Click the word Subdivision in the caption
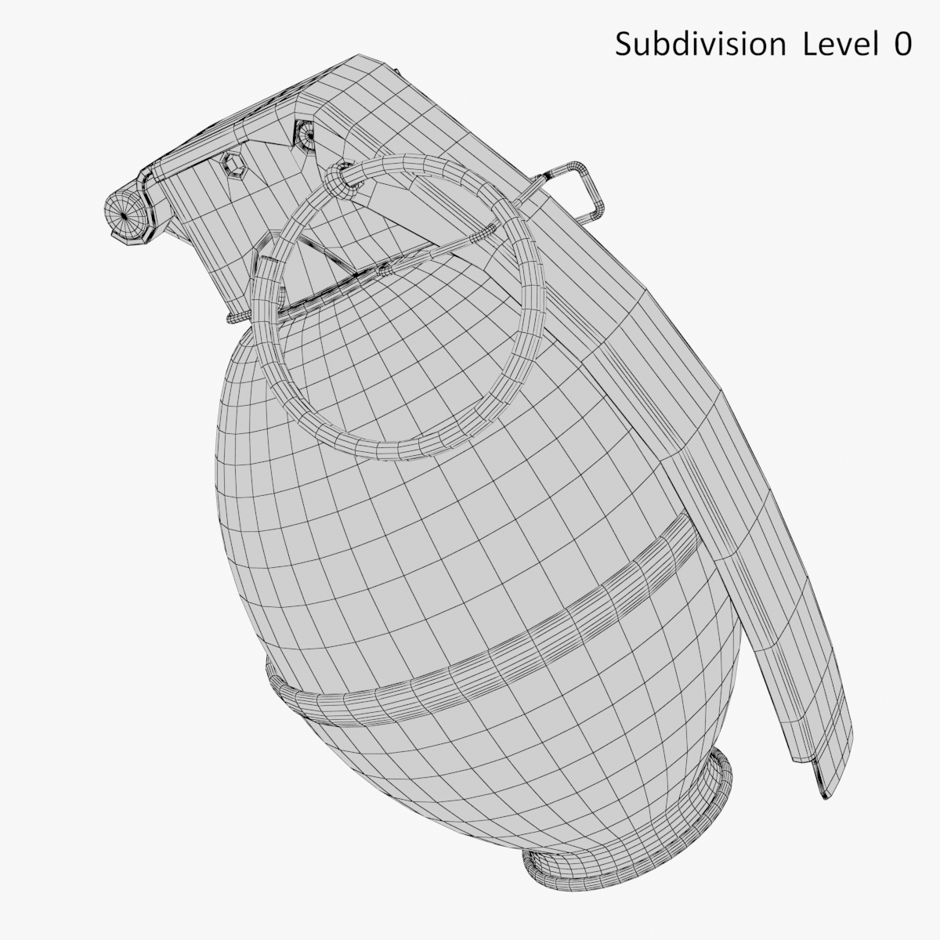pos(700,45)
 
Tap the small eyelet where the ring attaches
pos(338,180)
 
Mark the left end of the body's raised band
pos(274,674)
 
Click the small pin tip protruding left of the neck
pos(231,317)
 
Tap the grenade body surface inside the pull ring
pos(392,352)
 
